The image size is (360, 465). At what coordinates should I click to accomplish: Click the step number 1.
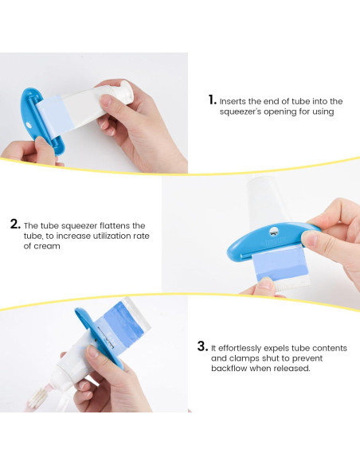pyautogui.click(x=213, y=100)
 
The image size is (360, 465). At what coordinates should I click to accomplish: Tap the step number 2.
pyautogui.click(x=15, y=224)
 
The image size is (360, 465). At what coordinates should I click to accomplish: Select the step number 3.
pyautogui.click(x=203, y=346)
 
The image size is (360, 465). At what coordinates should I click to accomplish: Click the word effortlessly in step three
pyautogui.click(x=239, y=348)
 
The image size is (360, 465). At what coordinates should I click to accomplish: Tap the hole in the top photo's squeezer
pyautogui.click(x=29, y=125)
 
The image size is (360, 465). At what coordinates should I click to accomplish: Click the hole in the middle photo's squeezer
pyautogui.click(x=274, y=231)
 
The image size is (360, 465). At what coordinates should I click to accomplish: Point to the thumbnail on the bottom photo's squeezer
pyautogui.click(x=93, y=351)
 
